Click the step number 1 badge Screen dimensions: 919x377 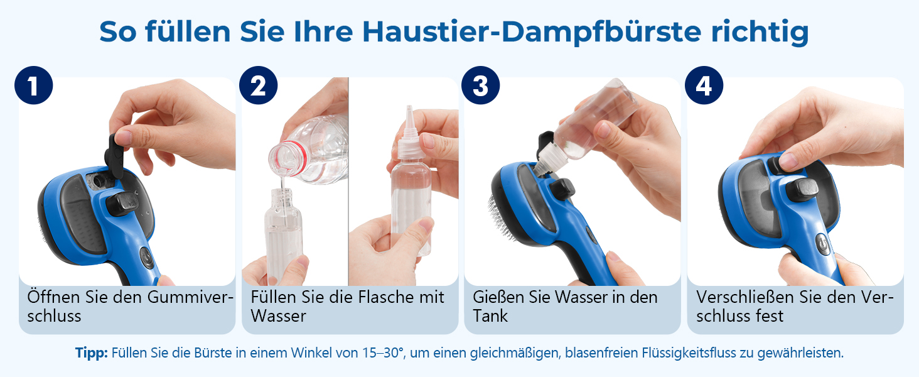pyautogui.click(x=34, y=85)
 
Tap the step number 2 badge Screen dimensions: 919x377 pyautogui.click(x=258, y=85)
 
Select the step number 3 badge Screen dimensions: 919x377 pyautogui.click(x=480, y=85)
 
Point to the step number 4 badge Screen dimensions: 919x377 pyautogui.click(x=704, y=85)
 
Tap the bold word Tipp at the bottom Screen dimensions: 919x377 pyautogui.click(x=91, y=352)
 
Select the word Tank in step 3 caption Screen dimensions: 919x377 pyautogui.click(x=490, y=316)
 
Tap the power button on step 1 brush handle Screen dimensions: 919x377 pyautogui.click(x=146, y=258)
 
